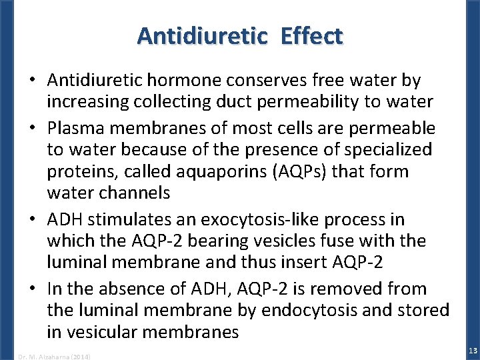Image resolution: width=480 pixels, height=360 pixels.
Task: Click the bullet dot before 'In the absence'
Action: [33, 289]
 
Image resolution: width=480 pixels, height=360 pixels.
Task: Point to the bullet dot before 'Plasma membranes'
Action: [33, 127]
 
